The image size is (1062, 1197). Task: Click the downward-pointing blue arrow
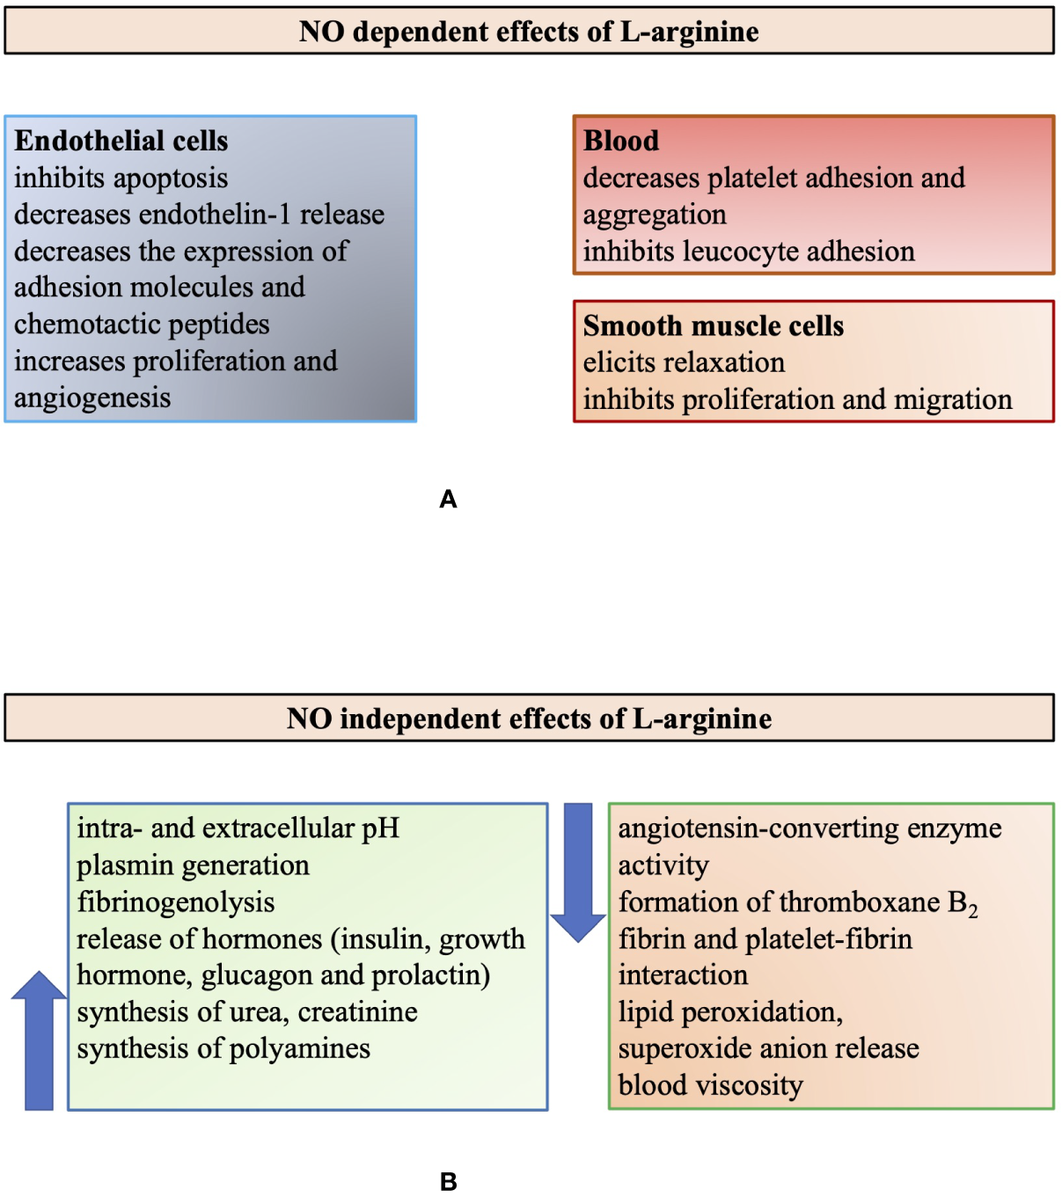[578, 871]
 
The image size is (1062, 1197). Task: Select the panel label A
[448, 500]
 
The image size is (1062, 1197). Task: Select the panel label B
[448, 1182]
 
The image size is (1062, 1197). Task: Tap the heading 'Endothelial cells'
[121, 141]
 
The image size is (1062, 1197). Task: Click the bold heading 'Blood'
[620, 141]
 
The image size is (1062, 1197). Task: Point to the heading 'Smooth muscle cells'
[713, 326]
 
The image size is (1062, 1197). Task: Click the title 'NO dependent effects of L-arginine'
[529, 32]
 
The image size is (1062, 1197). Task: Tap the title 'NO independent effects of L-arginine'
[529, 719]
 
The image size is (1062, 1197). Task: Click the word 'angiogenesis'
[92, 398]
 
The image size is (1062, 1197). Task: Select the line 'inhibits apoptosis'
[121, 179]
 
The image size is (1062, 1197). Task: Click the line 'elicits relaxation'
[684, 362]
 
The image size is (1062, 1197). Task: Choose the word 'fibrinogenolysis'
[176, 902]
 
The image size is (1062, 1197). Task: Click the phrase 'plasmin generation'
[193, 865]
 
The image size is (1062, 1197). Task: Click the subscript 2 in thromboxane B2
[973, 912]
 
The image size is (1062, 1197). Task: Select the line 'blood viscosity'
[710, 1085]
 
